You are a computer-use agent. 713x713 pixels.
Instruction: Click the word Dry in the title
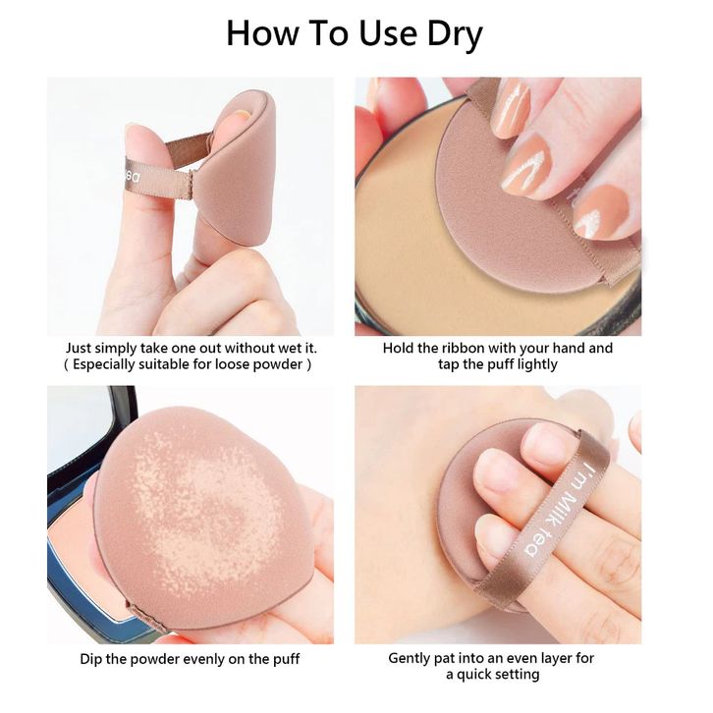click(x=455, y=34)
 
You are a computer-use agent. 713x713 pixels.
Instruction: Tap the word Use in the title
click(x=388, y=33)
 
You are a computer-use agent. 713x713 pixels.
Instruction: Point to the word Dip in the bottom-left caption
click(x=91, y=659)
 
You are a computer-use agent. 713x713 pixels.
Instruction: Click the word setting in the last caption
click(x=518, y=675)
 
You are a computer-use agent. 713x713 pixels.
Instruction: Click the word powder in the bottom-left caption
click(x=136, y=659)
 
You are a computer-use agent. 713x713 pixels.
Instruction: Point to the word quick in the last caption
click(x=474, y=675)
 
